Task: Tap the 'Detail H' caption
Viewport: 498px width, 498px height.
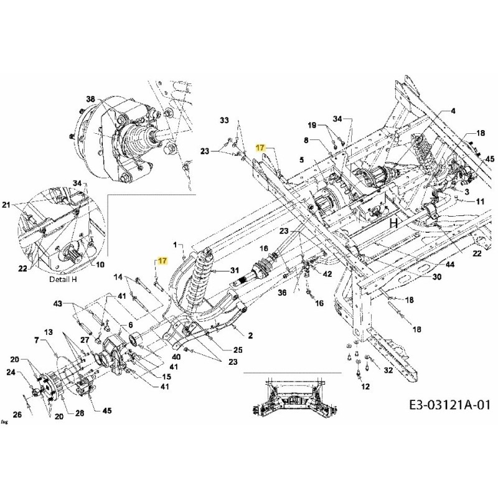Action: (63, 280)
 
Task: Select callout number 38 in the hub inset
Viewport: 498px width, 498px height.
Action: (91, 100)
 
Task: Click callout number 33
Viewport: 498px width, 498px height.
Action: (225, 120)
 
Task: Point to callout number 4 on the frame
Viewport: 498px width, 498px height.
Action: (453, 111)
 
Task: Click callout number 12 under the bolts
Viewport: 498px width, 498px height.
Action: (365, 387)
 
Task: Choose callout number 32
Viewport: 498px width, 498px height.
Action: (388, 371)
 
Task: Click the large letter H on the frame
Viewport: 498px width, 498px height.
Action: (393, 223)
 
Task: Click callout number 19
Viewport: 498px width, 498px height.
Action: (312, 126)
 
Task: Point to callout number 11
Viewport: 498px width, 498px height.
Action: (480, 202)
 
